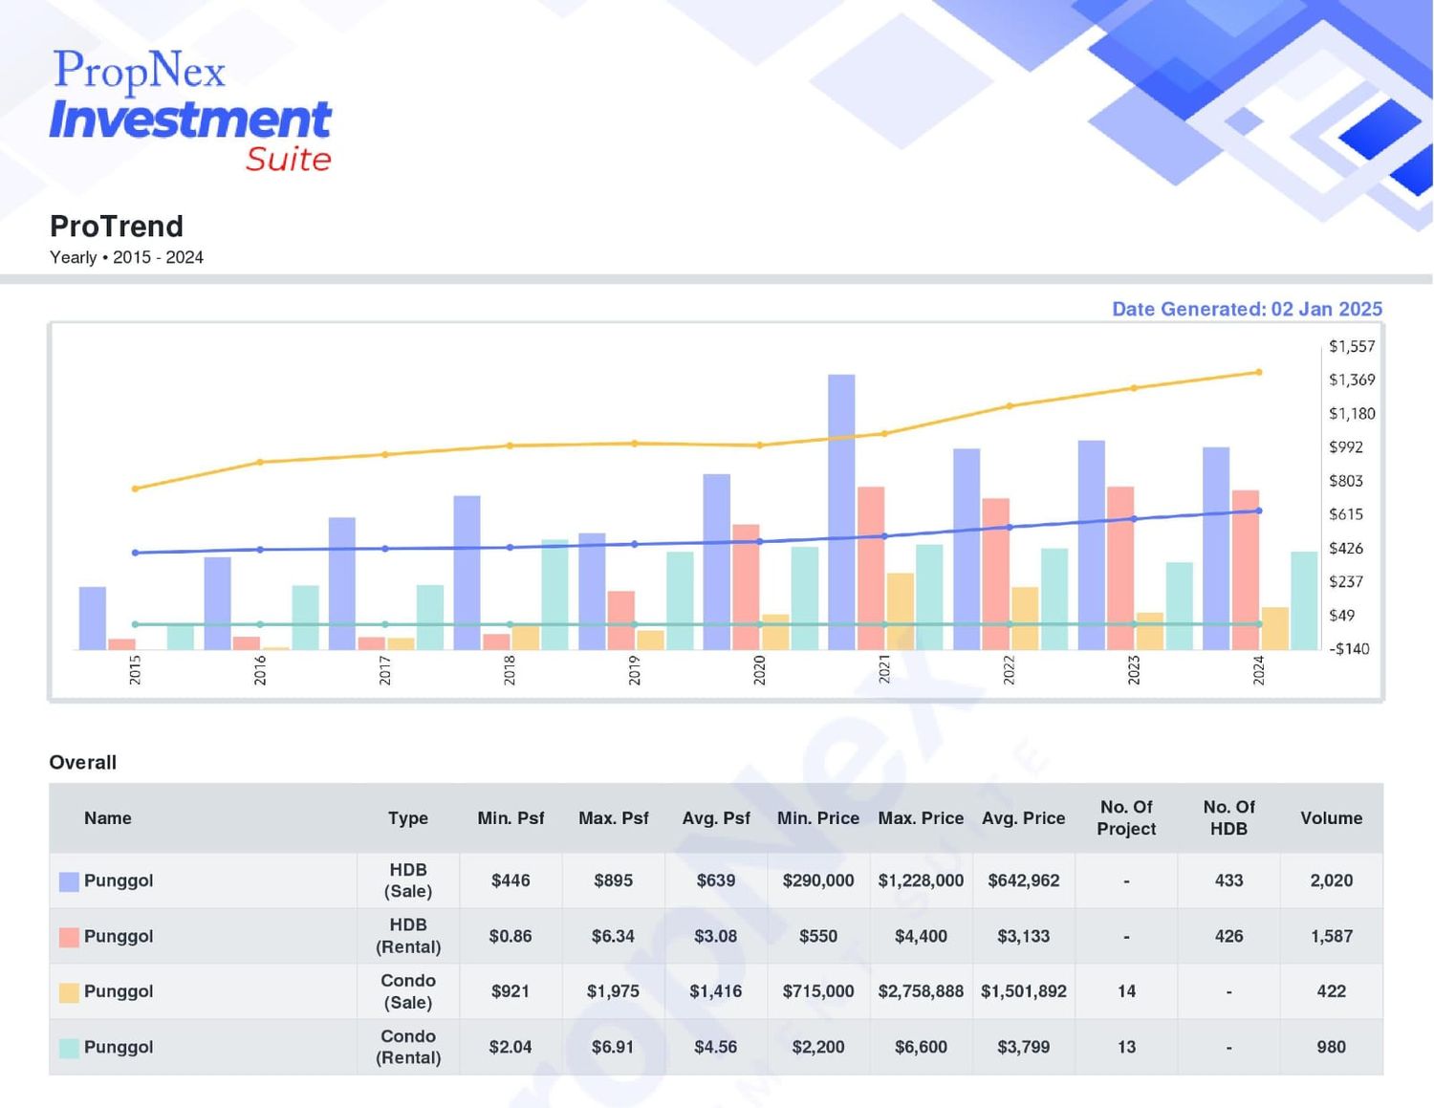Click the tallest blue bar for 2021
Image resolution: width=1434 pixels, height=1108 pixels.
[x=840, y=512]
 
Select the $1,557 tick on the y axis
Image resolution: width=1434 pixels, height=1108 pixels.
[x=1352, y=346]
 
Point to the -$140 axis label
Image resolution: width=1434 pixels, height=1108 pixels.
[x=1349, y=649]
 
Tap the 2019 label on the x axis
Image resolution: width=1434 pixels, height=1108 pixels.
[x=634, y=670]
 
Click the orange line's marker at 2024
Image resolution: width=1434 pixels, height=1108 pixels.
[x=1258, y=372]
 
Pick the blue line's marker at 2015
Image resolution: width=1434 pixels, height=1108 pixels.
[x=136, y=553]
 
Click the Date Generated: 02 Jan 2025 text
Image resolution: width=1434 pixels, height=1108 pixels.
[x=1247, y=309]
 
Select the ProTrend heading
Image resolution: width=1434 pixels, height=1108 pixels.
[x=116, y=227]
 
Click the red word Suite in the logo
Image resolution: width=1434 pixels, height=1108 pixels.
[x=289, y=160]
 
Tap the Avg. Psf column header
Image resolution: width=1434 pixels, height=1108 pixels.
[x=716, y=817]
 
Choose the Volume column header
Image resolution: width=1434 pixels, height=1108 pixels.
[x=1331, y=817]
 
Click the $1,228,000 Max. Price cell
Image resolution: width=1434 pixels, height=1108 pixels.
[x=921, y=880]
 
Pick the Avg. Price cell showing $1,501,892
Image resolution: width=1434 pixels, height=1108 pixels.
[x=1024, y=991]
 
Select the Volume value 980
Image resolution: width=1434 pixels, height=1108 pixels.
[x=1331, y=1047]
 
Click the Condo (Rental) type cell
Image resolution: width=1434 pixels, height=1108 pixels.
[x=408, y=1047]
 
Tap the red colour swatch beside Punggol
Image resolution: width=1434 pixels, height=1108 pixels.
[x=69, y=937]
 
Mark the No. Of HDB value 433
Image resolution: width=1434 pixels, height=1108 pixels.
[x=1228, y=880]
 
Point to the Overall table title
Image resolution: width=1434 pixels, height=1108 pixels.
[x=83, y=762]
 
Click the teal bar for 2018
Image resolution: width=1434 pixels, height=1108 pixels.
[x=555, y=595]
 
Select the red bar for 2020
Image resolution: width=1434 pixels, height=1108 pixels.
[x=746, y=587]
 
